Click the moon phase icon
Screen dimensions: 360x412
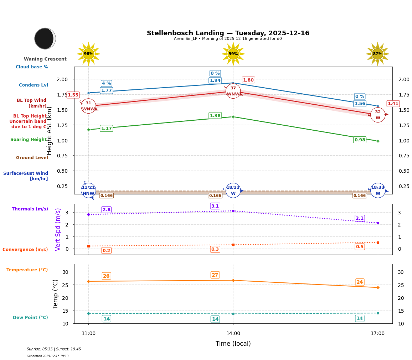click(x=45, y=38)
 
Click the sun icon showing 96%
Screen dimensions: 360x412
click(x=88, y=54)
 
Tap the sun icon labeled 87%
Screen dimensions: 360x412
click(x=377, y=54)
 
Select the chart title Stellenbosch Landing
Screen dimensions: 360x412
click(x=228, y=33)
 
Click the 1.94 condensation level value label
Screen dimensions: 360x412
click(x=215, y=80)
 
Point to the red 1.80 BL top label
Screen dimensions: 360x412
click(x=248, y=80)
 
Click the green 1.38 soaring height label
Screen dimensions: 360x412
click(x=215, y=116)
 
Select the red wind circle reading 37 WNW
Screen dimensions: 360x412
click(x=233, y=91)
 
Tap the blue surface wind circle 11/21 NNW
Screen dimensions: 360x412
click(x=88, y=191)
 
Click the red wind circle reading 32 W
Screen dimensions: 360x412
click(x=377, y=115)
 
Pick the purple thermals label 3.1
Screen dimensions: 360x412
click(x=215, y=206)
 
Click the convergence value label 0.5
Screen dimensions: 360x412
click(x=360, y=247)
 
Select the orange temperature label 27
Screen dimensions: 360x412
click(x=215, y=275)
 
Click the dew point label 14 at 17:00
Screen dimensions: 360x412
click(x=360, y=318)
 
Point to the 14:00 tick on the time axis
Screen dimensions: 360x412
click(x=233, y=333)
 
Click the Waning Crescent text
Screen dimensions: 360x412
click(x=45, y=59)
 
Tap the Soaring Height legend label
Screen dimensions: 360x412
click(x=29, y=140)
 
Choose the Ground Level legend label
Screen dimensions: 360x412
click(x=32, y=158)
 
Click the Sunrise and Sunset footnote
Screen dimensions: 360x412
click(x=54, y=349)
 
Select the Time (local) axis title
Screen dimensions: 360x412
click(x=233, y=344)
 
